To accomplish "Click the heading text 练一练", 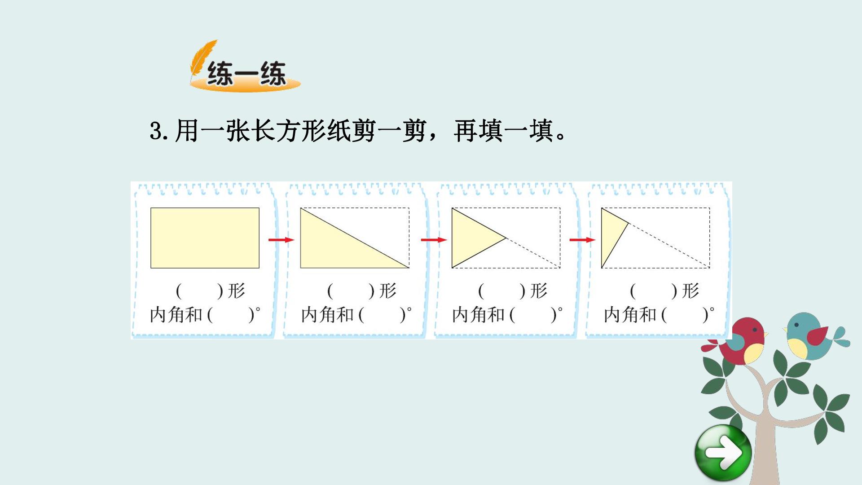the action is (246, 73).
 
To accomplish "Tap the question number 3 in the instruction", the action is (156, 132).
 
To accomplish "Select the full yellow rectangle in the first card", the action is (205, 238).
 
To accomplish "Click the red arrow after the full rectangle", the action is (281, 240).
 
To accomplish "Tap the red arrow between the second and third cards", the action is (434, 240).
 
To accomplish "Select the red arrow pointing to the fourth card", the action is (582, 240).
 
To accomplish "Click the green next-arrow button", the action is (723, 453).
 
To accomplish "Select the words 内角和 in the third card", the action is (479, 315).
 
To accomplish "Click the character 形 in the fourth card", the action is (690, 291).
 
